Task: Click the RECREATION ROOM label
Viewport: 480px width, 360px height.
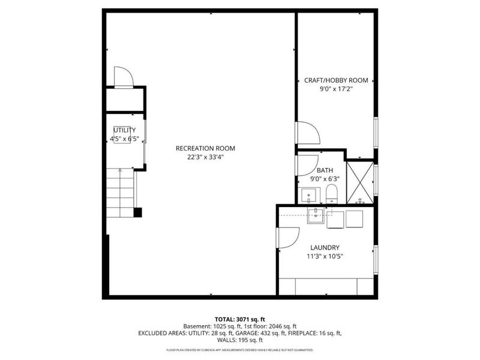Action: [205, 148]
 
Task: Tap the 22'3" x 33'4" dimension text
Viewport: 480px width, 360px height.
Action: [205, 158]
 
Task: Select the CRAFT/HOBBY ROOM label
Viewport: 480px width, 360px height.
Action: [336, 80]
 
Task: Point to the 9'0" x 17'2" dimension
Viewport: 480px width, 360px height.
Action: [336, 89]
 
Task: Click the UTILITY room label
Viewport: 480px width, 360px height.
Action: [125, 130]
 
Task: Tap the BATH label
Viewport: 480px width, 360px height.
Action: [325, 170]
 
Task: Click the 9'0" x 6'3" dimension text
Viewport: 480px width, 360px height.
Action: [325, 178]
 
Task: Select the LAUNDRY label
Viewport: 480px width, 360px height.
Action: [325, 247]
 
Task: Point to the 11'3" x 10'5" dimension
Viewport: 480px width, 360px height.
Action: [325, 256]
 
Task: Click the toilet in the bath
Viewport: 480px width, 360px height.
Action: [331, 193]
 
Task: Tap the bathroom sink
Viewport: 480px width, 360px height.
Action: [309, 196]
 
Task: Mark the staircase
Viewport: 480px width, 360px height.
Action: [121, 192]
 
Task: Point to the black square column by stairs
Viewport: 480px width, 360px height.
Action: [138, 212]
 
